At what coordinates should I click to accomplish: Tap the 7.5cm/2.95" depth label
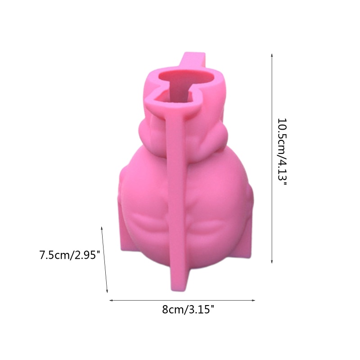(69, 255)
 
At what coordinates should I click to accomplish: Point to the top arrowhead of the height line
(272, 54)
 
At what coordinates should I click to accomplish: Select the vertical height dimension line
(272, 157)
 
